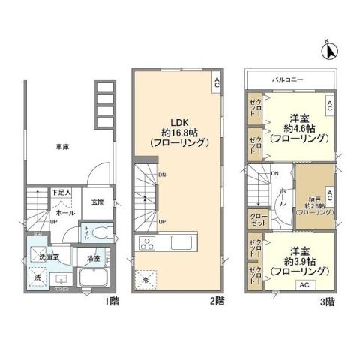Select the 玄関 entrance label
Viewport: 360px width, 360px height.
[98, 202]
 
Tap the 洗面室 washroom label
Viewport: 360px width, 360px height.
[49, 257]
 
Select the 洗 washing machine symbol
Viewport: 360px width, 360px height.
[38, 279]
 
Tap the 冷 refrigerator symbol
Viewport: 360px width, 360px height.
[145, 278]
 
